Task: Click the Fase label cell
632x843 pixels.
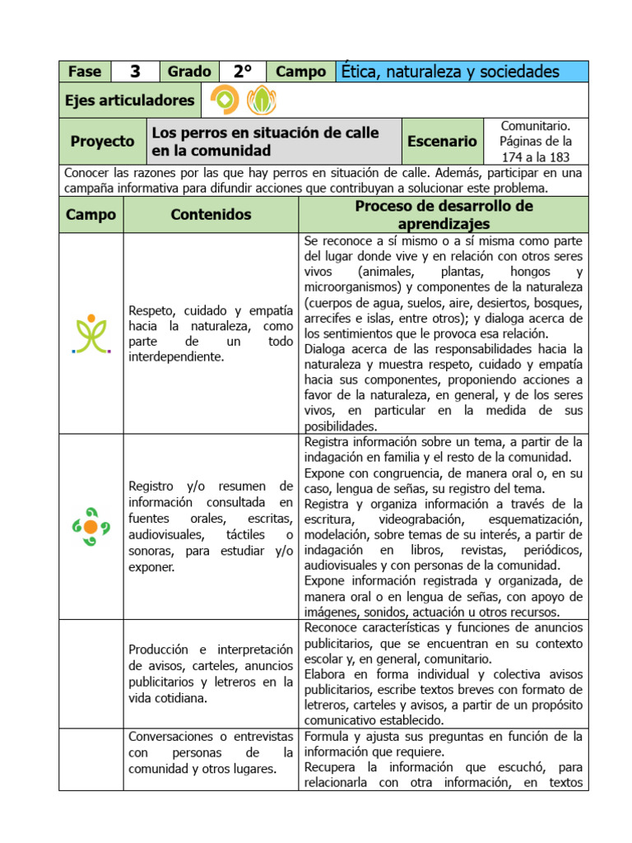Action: click(85, 72)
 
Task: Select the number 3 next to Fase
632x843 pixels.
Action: click(135, 72)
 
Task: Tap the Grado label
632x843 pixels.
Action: click(189, 72)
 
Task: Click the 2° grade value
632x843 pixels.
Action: click(242, 72)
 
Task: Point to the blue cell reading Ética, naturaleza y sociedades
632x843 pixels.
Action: click(462, 72)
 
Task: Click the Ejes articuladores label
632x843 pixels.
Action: click(130, 100)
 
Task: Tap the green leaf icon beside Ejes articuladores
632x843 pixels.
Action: click(262, 100)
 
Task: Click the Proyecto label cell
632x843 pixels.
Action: click(102, 142)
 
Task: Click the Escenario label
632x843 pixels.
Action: click(442, 142)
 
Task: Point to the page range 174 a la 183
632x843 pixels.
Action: click(536, 156)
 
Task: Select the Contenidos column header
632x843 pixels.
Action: click(211, 215)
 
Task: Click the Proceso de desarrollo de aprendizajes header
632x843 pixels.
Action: click(444, 215)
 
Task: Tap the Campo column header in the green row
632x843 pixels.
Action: click(91, 215)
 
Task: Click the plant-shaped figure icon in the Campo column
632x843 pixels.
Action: click(91, 333)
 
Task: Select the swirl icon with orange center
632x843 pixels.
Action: click(91, 526)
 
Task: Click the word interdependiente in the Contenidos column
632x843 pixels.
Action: click(176, 356)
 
